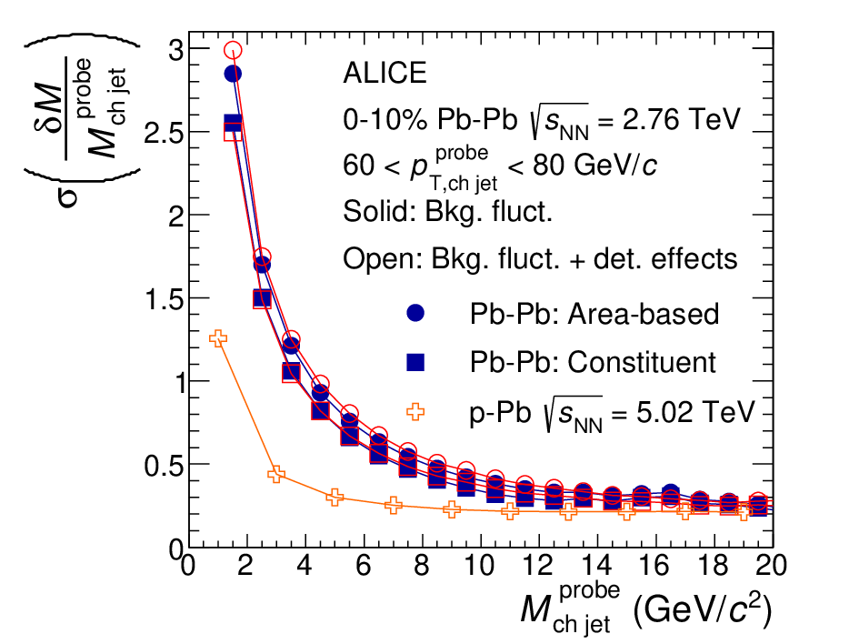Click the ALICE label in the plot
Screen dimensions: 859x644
tap(385, 73)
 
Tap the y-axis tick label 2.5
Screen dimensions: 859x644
tap(164, 132)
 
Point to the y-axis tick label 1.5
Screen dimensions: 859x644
tap(164, 298)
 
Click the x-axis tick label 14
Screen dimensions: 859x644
tap(596, 565)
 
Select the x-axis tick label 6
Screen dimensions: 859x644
tap(364, 565)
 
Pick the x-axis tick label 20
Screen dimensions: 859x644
tap(772, 565)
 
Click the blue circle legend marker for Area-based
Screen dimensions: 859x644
tap(415, 313)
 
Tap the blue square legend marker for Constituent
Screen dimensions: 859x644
tap(415, 362)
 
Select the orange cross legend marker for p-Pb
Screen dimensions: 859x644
tap(415, 411)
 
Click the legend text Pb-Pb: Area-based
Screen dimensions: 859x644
tap(594, 314)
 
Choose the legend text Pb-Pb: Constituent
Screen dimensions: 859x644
tap(592, 362)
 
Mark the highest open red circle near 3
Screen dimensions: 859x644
tap(234, 50)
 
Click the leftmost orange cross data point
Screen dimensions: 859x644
tap(218, 338)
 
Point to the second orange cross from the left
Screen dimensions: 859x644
tap(276, 474)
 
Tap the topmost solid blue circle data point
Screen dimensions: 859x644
tap(233, 74)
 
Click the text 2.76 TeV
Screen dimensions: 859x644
tap(681, 119)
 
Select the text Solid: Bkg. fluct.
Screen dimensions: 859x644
tap(447, 212)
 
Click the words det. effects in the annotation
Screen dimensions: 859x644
tap(665, 258)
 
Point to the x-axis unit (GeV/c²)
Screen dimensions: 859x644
tap(703, 609)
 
